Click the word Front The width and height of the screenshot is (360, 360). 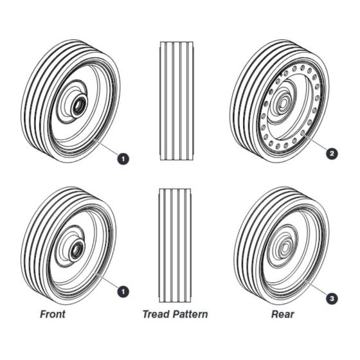pyautogui.click(x=53, y=314)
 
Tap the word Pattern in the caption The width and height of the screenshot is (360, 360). pyautogui.click(x=190, y=314)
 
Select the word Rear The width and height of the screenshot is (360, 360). pyautogui.click(x=283, y=314)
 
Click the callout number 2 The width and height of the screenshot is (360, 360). pyautogui.click(x=332, y=154)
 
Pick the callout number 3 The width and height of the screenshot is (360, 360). pyautogui.click(x=332, y=298)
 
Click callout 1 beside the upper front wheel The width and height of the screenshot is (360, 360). pyautogui.click(x=123, y=159)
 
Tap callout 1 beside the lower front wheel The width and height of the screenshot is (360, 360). pyautogui.click(x=123, y=292)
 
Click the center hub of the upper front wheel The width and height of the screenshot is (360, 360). pyautogui.click(x=79, y=106)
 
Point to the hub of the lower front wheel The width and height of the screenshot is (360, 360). pyautogui.click(x=76, y=251)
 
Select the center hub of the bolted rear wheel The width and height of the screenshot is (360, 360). pyautogui.click(x=283, y=103)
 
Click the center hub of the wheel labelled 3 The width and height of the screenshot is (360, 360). pyautogui.click(x=285, y=248)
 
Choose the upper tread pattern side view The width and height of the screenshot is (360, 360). pyautogui.click(x=177, y=101)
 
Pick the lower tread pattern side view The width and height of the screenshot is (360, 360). pyautogui.click(x=175, y=246)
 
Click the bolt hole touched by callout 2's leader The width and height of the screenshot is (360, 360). pyautogui.click(x=303, y=132)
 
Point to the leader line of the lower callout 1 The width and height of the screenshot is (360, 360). pyautogui.click(x=107, y=281)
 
